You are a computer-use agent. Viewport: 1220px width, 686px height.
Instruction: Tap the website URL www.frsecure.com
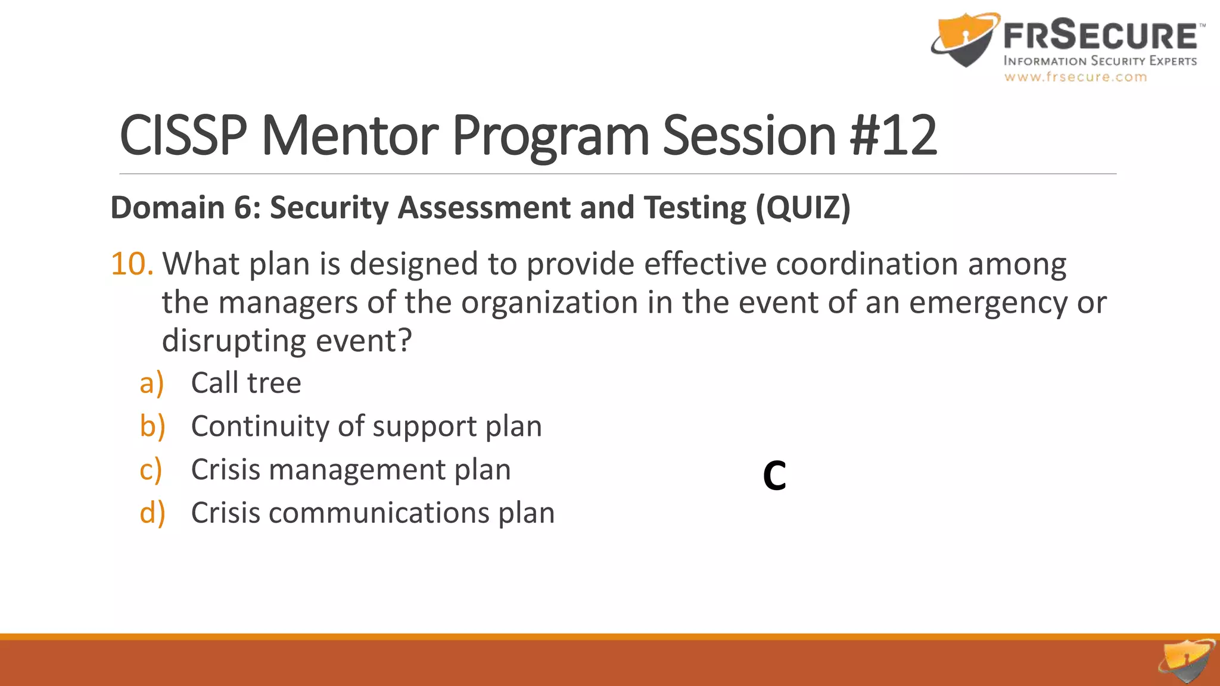coord(1075,77)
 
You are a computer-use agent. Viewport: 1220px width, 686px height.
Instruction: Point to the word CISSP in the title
coord(183,136)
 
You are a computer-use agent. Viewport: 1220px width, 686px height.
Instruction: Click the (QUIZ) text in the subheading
coord(803,208)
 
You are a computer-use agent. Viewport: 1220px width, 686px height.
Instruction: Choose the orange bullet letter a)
coord(151,383)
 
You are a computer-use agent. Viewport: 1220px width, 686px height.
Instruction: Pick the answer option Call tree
coord(246,383)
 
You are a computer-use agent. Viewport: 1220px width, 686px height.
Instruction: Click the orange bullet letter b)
coord(152,426)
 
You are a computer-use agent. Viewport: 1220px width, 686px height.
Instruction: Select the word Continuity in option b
coord(260,426)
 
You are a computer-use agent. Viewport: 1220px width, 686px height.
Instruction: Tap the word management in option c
coord(357,470)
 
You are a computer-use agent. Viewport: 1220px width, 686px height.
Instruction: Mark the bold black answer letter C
coord(774,476)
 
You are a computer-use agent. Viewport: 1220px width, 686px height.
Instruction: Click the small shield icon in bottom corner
coord(1187,661)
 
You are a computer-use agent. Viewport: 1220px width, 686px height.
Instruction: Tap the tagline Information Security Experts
coord(1100,61)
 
